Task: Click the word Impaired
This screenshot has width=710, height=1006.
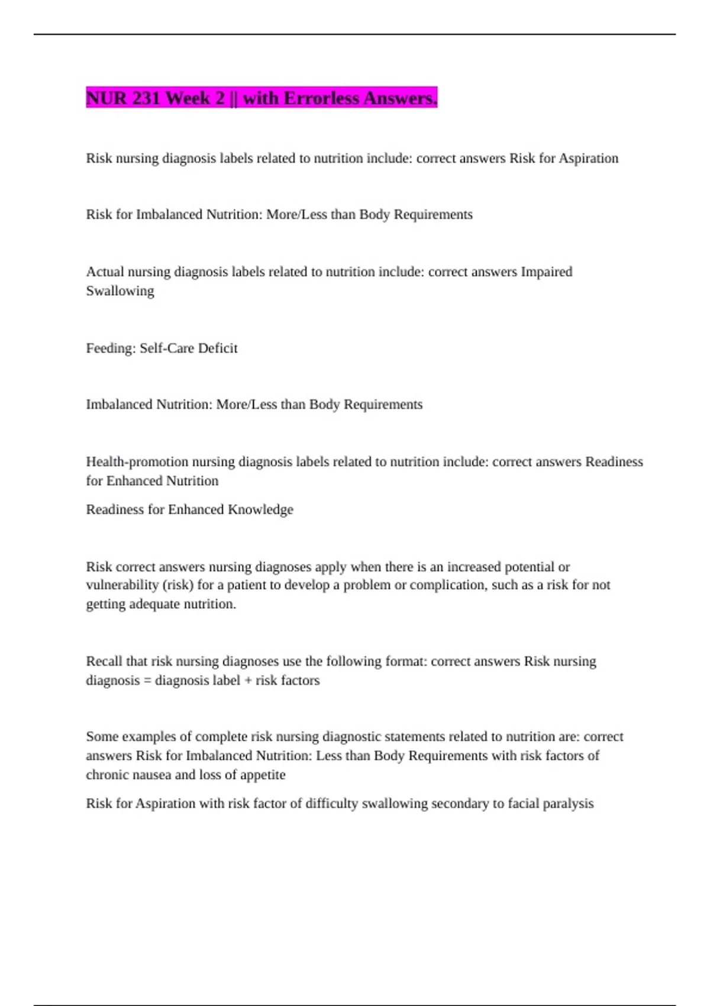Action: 546,272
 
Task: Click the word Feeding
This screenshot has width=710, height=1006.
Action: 111,348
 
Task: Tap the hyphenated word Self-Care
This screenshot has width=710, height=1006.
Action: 167,348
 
